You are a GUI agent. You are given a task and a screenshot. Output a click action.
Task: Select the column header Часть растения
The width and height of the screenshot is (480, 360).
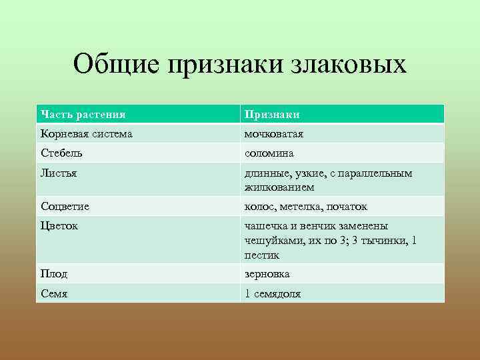(x=83, y=115)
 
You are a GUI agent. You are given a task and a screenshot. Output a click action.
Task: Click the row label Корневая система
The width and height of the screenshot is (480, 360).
(x=86, y=134)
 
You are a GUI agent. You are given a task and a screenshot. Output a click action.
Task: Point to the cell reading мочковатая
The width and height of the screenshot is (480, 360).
(x=274, y=134)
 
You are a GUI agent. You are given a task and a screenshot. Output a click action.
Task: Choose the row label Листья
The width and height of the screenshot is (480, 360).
(x=59, y=173)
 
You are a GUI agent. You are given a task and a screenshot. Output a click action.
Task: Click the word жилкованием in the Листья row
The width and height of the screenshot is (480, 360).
(x=275, y=187)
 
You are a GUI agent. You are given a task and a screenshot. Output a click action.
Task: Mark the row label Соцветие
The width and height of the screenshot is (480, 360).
(x=65, y=207)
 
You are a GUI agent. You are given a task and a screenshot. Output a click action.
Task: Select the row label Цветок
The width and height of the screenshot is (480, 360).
(x=59, y=226)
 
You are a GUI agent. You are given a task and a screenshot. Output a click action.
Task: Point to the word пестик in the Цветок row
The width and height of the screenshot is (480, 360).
(x=262, y=255)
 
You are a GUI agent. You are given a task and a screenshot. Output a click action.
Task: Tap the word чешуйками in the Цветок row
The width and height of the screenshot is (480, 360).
(x=271, y=241)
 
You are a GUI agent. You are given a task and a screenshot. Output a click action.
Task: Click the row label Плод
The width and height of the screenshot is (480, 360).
(x=54, y=274)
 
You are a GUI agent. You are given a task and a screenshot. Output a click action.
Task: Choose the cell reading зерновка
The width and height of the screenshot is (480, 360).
(x=267, y=274)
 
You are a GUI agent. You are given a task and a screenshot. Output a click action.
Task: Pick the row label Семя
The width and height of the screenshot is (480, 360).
(x=55, y=293)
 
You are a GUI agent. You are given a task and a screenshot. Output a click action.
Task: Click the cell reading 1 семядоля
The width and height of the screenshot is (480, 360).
(x=273, y=293)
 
